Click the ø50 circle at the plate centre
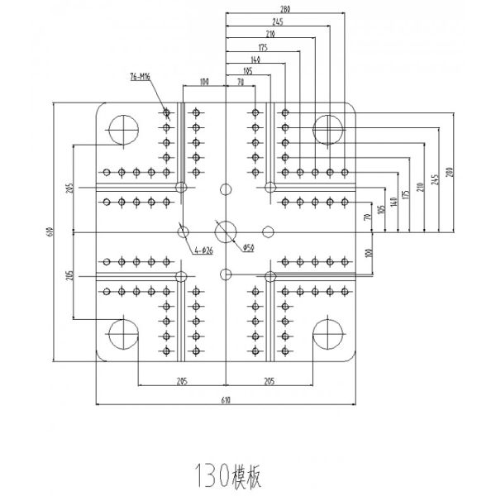click(x=225, y=229)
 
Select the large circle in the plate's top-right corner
click(x=328, y=129)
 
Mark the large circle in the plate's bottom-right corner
click(x=328, y=333)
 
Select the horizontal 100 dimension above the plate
click(x=203, y=82)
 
